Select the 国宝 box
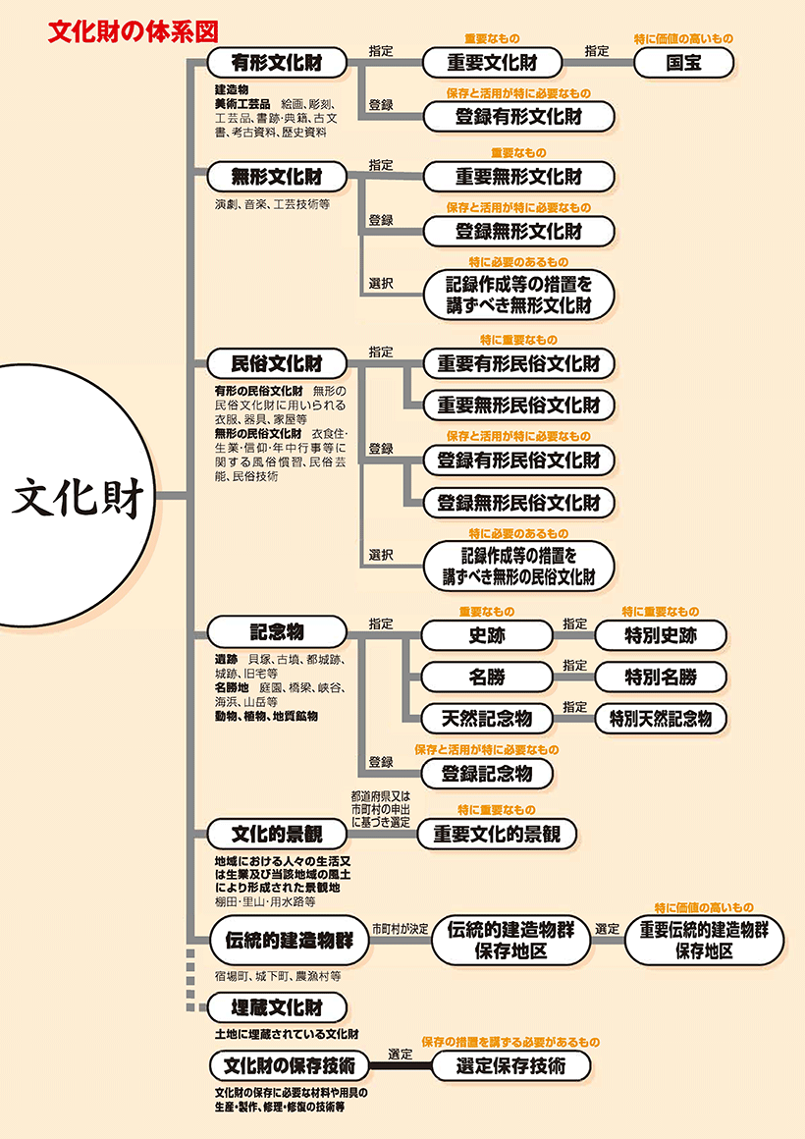click(x=683, y=64)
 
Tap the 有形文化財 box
click(x=277, y=64)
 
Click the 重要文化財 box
click(x=492, y=64)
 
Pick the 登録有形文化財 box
click(x=518, y=117)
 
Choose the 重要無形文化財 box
click(x=518, y=177)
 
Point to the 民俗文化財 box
click(x=277, y=362)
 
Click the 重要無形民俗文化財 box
click(x=518, y=405)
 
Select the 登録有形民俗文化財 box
click(x=518, y=460)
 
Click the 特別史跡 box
click(x=661, y=635)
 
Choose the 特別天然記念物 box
click(x=661, y=717)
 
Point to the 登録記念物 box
click(x=487, y=773)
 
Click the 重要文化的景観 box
click(x=497, y=835)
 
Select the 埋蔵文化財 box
click(x=277, y=1007)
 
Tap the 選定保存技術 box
click(x=510, y=1065)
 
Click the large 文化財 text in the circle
click(x=79, y=499)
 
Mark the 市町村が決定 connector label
click(x=400, y=928)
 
